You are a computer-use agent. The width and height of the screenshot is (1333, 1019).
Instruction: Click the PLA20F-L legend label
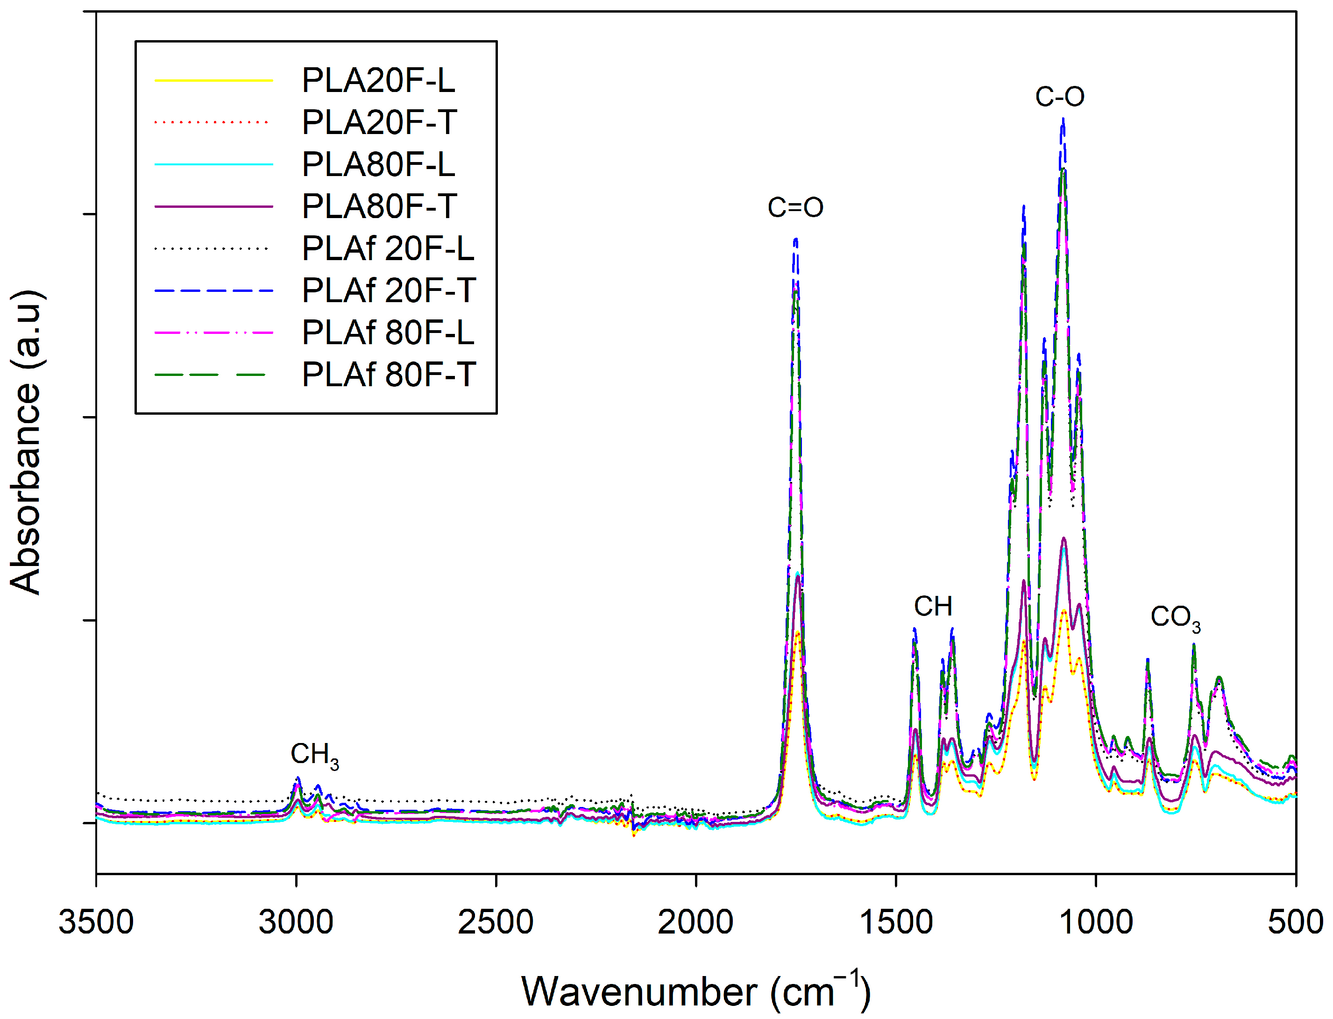(378, 81)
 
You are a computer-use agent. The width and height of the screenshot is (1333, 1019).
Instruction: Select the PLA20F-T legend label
(379, 122)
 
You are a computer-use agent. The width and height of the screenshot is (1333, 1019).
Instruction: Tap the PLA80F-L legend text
(378, 164)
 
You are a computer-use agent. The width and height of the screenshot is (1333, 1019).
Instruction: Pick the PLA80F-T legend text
(379, 206)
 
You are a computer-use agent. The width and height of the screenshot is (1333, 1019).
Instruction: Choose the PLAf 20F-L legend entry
(388, 248)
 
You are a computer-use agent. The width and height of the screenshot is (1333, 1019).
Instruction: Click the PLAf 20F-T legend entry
(389, 290)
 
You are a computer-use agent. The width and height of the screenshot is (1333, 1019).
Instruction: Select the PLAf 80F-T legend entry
(389, 374)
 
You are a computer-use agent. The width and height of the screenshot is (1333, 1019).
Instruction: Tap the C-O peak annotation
(1059, 97)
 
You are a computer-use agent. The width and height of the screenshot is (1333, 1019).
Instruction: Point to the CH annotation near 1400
(933, 607)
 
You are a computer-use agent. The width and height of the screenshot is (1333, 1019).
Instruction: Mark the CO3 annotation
(1175, 618)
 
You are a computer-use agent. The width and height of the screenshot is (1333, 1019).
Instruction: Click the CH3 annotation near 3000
(314, 755)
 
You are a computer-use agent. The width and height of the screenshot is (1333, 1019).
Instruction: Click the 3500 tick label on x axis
(96, 922)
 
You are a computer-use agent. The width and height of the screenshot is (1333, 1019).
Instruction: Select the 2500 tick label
(496, 922)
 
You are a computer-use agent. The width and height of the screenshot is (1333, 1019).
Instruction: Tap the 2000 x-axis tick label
(695, 922)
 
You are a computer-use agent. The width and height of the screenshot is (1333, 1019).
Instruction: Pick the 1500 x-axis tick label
(895, 922)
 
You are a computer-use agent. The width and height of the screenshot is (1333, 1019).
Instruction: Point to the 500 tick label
(1295, 922)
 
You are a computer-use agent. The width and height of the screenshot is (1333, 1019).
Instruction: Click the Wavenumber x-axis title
(695, 991)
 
